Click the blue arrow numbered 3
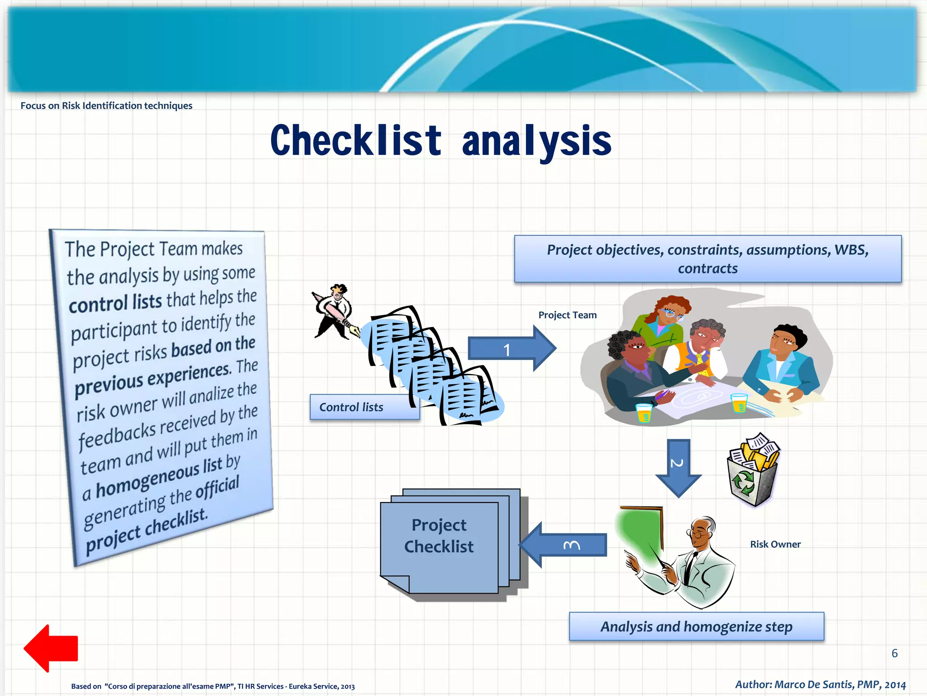[566, 545]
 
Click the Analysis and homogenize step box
[696, 627]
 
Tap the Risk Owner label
[775, 544]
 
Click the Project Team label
[567, 315]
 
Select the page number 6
[894, 653]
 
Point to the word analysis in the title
[536, 141]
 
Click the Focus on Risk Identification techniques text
[106, 106]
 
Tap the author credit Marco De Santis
[820, 684]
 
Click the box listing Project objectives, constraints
[707, 259]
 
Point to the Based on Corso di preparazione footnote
[213, 686]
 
